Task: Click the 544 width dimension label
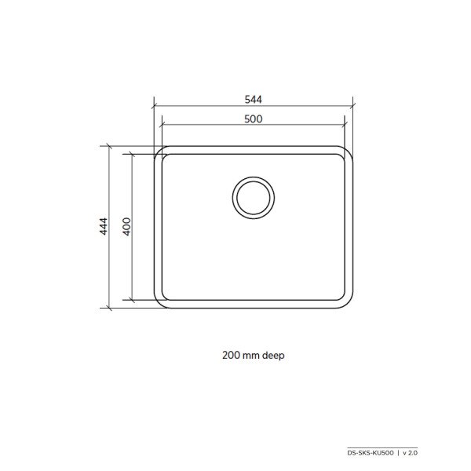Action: pos(254,100)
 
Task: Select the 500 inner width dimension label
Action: pos(254,119)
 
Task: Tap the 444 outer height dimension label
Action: pos(104,227)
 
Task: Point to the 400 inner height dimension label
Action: pos(126,227)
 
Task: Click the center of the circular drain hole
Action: pos(254,198)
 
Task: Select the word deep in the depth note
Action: pos(273,356)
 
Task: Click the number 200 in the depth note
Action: pos(232,356)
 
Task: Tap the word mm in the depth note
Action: pos(251,356)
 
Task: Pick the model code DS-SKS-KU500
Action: pos(371,453)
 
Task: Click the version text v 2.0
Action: pos(410,453)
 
